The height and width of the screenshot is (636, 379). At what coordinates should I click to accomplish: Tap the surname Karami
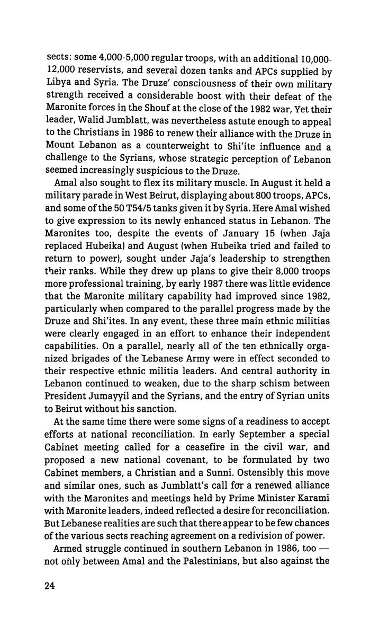click(x=313, y=485)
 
